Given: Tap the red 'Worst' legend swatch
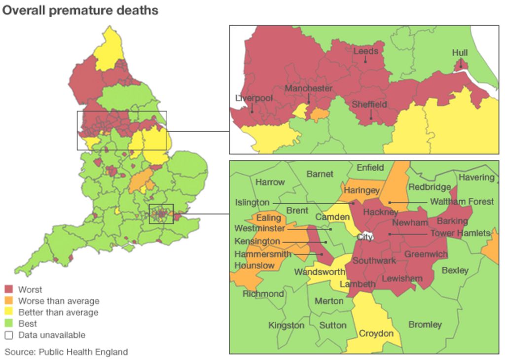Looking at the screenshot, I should pos(9,289).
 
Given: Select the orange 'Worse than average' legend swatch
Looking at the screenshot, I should pos(9,301).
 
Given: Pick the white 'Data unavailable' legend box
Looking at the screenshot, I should pos(9,335).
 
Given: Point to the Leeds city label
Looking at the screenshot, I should pos(365,51).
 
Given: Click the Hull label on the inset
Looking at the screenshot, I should pos(460,53).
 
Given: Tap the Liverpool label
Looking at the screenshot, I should pos(253,98).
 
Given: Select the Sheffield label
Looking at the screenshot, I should pos(369,105).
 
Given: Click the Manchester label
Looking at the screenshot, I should pos(308,88).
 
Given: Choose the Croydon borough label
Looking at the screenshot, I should pos(376,334).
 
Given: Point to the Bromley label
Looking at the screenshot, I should pos(425,324).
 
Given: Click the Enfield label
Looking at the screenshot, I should pos(370,168).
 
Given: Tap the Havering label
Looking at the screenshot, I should pos(476,177).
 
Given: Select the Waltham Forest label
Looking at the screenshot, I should pos(462,202).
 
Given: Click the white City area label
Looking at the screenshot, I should pos(365,237).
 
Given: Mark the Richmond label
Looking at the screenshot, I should pos(263,294).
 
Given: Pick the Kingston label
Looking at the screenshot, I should pos(286,325).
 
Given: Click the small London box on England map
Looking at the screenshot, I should pos(161,214).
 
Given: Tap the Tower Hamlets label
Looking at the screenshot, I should pos(460,233).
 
